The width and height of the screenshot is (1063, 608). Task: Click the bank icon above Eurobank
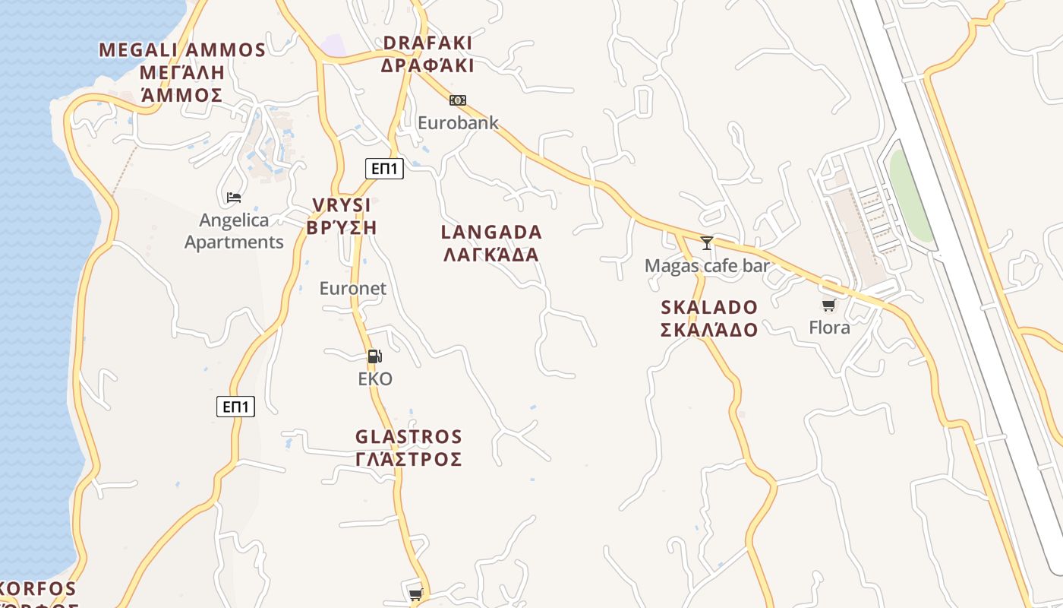(x=457, y=100)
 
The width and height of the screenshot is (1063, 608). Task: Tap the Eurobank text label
(x=458, y=122)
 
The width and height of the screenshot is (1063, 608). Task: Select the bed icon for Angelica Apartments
(x=234, y=198)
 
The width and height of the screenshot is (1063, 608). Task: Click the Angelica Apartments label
(x=234, y=231)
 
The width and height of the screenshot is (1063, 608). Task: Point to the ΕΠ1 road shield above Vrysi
(x=384, y=169)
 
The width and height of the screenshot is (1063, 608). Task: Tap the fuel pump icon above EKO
(x=374, y=356)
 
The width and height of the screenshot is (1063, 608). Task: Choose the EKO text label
(x=375, y=378)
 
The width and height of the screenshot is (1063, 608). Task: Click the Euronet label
(x=352, y=289)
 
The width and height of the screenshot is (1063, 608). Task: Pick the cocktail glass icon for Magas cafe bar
(x=707, y=243)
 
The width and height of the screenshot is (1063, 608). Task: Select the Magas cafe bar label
(x=707, y=266)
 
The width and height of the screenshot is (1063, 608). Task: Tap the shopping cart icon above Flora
(x=828, y=306)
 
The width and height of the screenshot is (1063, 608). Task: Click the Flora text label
(x=829, y=328)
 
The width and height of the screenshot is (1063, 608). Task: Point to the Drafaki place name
(x=427, y=54)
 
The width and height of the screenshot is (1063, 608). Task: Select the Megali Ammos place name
(x=182, y=72)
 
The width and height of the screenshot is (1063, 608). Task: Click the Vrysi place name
(x=341, y=216)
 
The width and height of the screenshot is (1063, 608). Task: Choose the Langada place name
(x=491, y=242)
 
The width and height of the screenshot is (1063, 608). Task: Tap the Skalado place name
(x=708, y=318)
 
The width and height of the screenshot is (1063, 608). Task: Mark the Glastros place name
(x=408, y=448)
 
